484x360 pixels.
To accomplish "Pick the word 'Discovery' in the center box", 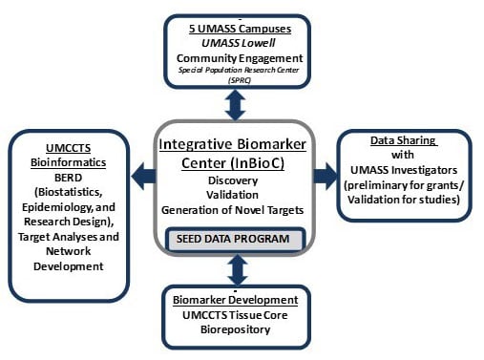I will click(239, 179).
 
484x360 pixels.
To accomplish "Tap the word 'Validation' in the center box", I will click(239, 195).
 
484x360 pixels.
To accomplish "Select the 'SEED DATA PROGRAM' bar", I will click(239, 237).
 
